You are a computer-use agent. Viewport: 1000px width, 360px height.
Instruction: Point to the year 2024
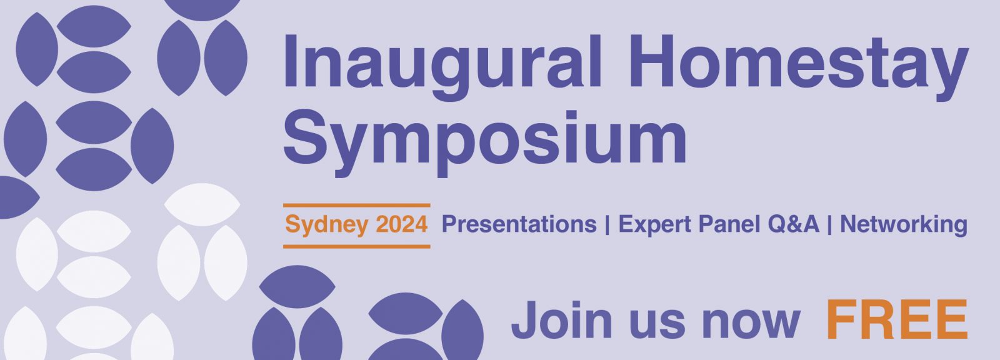402,224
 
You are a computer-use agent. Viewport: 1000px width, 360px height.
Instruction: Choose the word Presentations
519,224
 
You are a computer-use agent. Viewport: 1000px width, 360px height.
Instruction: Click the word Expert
656,225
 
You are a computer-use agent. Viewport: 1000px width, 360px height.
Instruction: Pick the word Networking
904,225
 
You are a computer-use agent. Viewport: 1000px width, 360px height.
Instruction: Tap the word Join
562,320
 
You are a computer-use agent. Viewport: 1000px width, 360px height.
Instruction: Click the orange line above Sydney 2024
357,206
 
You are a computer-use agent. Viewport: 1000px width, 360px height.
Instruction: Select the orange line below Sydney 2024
357,246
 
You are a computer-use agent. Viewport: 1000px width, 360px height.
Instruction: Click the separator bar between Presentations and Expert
607,224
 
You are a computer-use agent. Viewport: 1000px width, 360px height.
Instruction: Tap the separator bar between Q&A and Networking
829,224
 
